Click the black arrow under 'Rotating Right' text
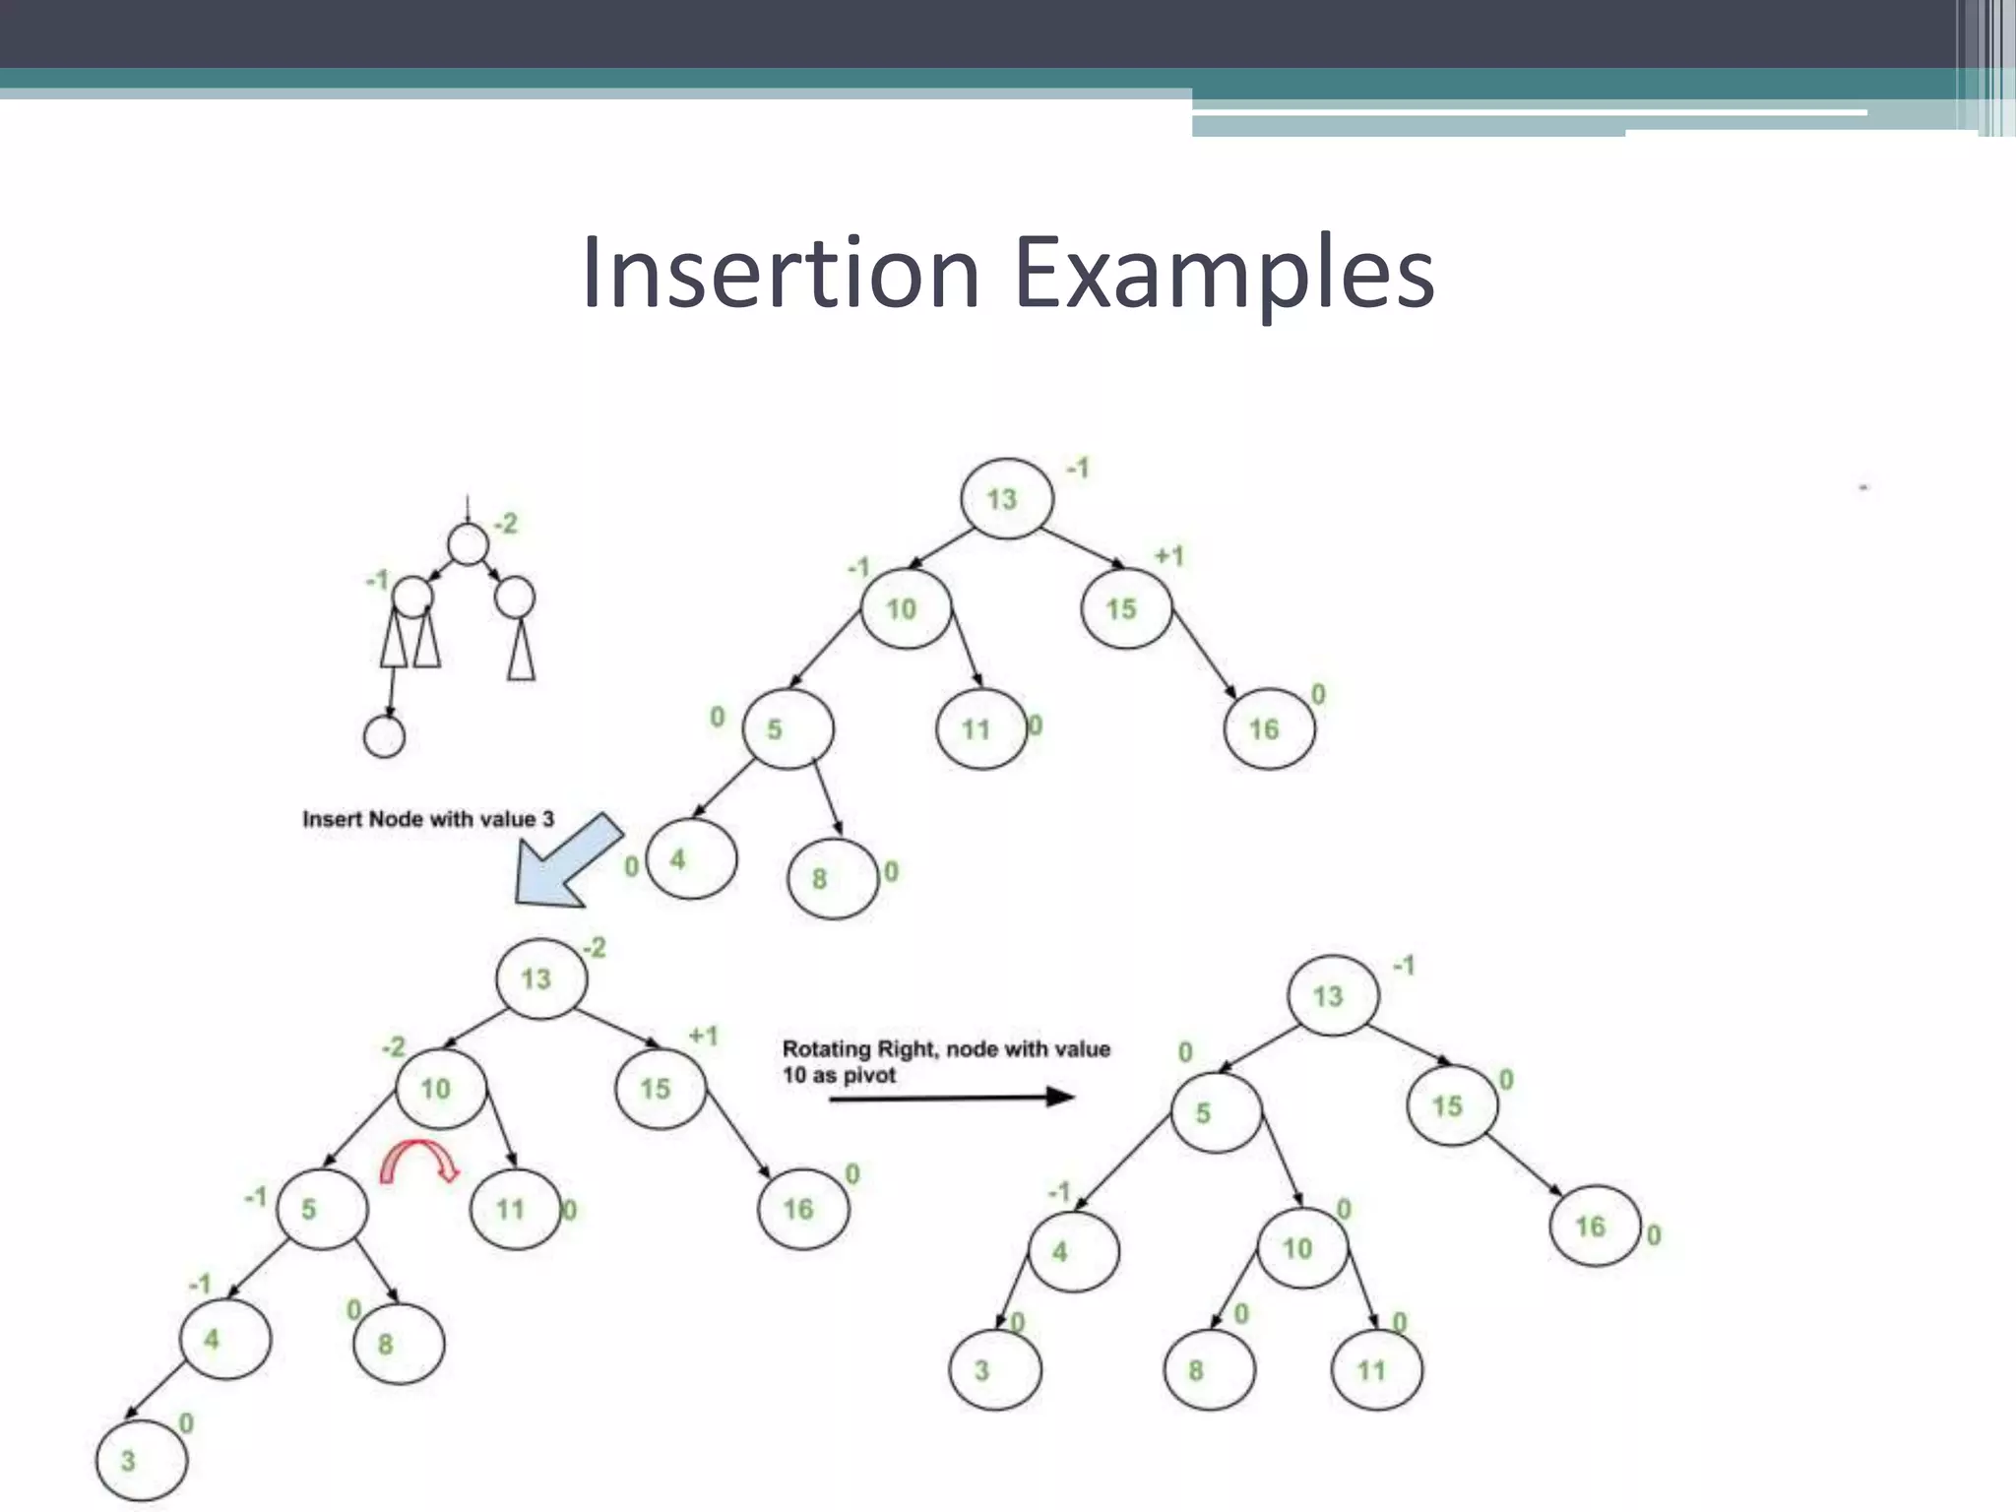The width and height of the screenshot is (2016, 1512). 951,1098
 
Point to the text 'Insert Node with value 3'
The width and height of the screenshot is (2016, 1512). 428,819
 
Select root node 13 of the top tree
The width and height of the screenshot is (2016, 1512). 1006,498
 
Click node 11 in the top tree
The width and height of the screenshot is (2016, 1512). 980,728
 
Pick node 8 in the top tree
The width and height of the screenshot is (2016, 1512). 833,878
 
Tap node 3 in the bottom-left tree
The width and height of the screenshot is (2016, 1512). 141,1460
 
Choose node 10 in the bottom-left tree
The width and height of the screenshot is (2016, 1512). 441,1089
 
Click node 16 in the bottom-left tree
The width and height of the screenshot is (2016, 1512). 803,1209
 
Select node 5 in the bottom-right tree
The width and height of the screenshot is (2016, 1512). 1216,1112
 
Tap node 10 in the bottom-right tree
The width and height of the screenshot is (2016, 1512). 1301,1248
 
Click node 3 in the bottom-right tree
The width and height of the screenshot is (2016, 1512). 994,1370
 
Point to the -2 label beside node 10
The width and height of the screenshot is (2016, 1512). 393,1046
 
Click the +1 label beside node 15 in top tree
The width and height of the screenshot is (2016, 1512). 1169,557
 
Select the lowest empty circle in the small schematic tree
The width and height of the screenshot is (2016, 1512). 384,736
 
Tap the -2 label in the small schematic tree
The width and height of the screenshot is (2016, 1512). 505,524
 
